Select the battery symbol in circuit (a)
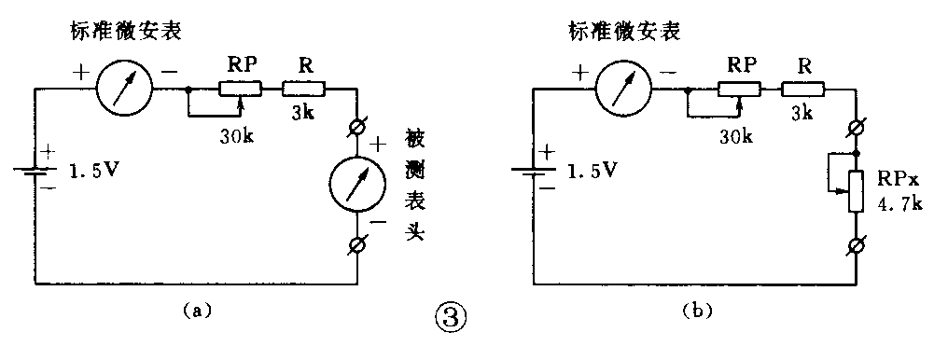35,172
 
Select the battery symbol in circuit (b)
532,172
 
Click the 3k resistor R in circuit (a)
303,90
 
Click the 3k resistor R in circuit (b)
802,90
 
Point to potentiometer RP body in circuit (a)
241,90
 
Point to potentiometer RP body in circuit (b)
739,90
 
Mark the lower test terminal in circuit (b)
856,246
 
